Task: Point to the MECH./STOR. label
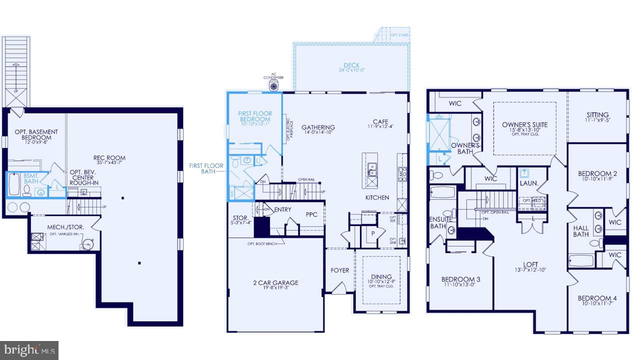pyautogui.click(x=65, y=227)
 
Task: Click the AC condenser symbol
pyautogui.click(x=274, y=85)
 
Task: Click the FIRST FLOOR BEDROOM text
pyautogui.click(x=255, y=116)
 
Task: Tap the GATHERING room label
pyautogui.click(x=318, y=127)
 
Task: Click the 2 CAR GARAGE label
pyautogui.click(x=275, y=283)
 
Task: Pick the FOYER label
pyautogui.click(x=340, y=270)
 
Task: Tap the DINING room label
pyautogui.click(x=381, y=276)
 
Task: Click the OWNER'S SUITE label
pyautogui.click(x=525, y=125)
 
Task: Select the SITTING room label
pyautogui.click(x=598, y=115)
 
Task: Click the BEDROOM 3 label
pyautogui.click(x=460, y=279)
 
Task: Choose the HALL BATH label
pyautogui.click(x=581, y=231)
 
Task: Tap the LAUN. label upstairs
pyautogui.click(x=528, y=183)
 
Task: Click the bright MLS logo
pyautogui.click(x=29, y=349)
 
